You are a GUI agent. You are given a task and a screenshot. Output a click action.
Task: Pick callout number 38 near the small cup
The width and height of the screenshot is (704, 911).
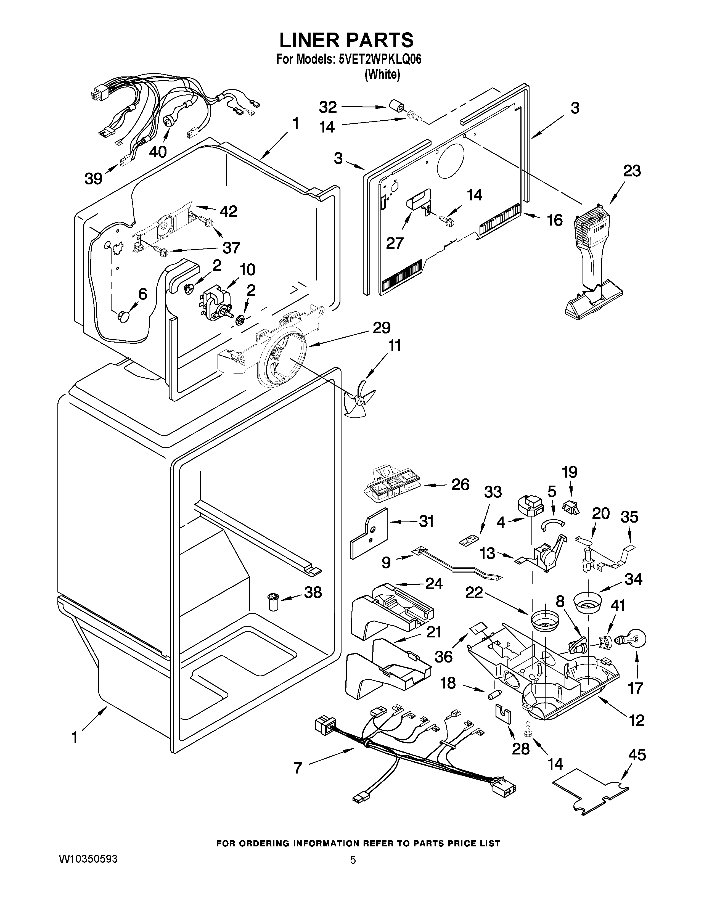pos(313,592)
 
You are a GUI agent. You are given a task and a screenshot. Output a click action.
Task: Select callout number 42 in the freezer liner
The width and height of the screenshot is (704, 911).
pos(229,211)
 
